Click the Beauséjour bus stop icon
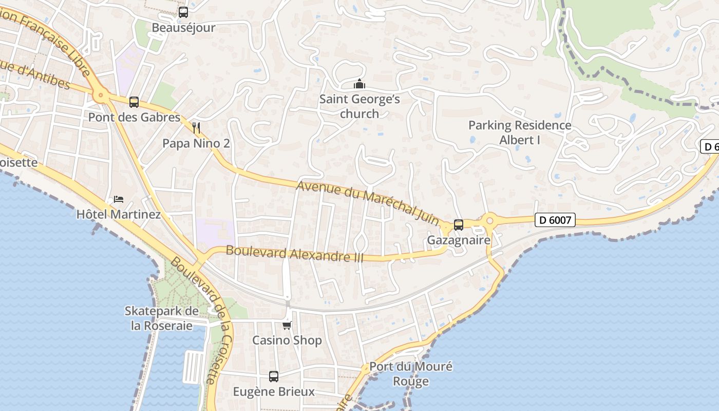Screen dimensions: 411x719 click(x=183, y=12)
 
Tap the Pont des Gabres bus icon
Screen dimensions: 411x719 click(x=134, y=102)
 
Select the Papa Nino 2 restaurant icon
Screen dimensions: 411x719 click(x=196, y=128)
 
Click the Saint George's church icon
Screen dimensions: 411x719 click(x=359, y=84)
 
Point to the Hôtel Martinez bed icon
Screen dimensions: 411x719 click(x=119, y=199)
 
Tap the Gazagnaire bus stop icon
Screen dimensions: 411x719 click(x=459, y=225)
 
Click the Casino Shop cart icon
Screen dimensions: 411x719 click(x=287, y=325)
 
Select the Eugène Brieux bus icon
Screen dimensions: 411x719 click(x=274, y=377)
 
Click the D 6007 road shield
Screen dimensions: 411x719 click(x=555, y=220)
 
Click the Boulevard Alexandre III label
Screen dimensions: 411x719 click(x=295, y=254)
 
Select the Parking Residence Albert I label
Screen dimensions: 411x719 click(x=520, y=132)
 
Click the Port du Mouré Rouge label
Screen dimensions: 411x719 click(x=411, y=374)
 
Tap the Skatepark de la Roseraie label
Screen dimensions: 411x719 click(x=162, y=319)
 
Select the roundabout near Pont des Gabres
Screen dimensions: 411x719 click(x=101, y=95)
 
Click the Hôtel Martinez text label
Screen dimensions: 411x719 click(x=119, y=214)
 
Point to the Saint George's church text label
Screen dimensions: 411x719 click(x=359, y=106)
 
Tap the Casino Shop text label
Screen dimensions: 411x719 click(x=287, y=340)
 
